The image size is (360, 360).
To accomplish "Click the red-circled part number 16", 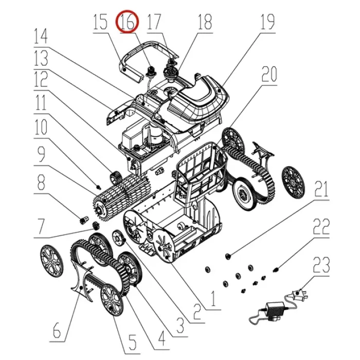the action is point(127,22).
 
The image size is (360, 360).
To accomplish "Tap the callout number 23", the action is point(321,265).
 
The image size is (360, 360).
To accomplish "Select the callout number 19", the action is point(267,22).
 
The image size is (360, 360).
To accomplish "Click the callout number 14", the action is point(41,36).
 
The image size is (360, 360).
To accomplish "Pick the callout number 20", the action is point(269,74).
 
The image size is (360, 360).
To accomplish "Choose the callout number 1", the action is point(213,298).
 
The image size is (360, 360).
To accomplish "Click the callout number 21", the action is point(321,189).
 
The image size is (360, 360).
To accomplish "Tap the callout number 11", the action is point(41,103).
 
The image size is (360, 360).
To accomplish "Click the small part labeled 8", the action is point(83,220).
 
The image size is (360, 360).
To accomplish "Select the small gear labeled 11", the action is point(116,177).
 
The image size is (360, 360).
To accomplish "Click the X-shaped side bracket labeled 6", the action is point(83,282).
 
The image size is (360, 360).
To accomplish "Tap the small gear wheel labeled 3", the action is point(118,238).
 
